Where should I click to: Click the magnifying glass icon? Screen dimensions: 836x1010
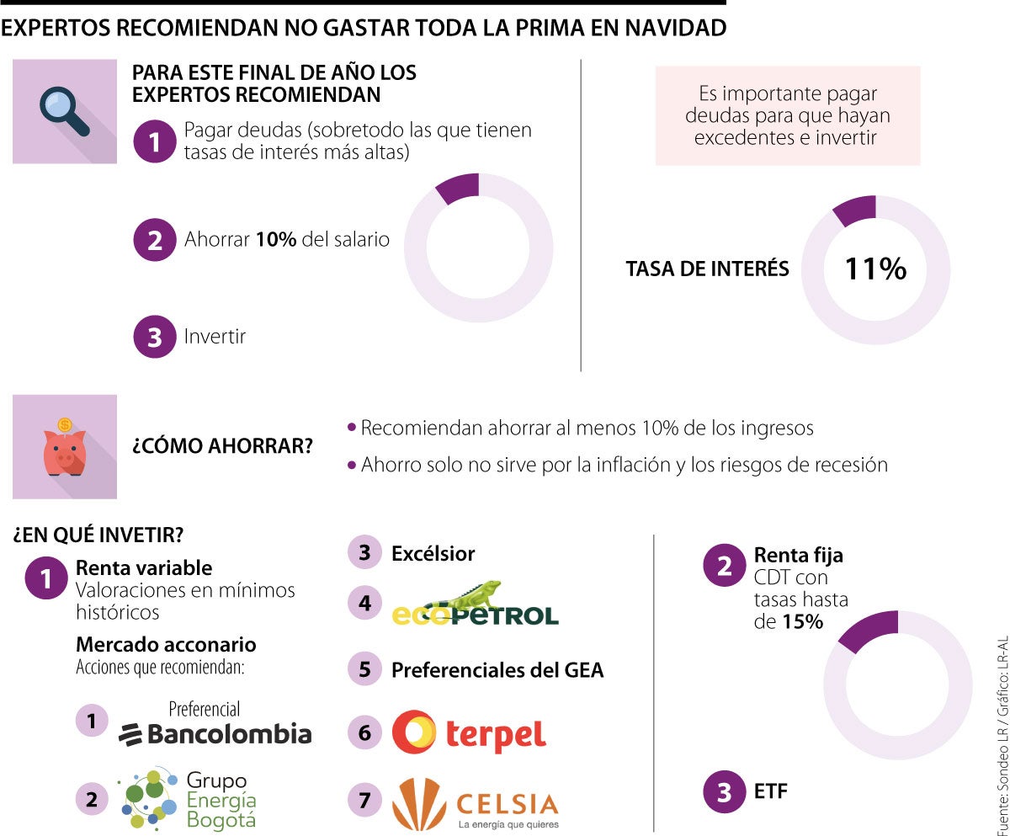65,111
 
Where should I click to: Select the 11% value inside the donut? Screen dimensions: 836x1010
875,269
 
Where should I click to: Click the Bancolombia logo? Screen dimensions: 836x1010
215,725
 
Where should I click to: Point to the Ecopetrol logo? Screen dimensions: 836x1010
475,604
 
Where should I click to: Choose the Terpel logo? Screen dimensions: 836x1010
469,732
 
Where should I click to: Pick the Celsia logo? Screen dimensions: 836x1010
475,804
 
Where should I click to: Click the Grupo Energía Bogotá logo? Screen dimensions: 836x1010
188,798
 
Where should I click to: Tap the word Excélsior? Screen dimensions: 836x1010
433,553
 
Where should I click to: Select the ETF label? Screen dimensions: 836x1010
771,791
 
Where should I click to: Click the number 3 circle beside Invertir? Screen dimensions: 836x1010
154,337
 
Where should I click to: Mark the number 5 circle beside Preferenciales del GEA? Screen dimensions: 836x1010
364,669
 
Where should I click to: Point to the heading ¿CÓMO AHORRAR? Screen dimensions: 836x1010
221,446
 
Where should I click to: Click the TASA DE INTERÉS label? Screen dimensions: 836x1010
707,269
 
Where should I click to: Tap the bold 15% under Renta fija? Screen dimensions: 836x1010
805,623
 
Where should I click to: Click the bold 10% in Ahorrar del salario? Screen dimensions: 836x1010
276,239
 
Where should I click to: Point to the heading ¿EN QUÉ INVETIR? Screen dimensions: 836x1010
98,534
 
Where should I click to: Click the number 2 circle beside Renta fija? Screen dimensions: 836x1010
724,566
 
